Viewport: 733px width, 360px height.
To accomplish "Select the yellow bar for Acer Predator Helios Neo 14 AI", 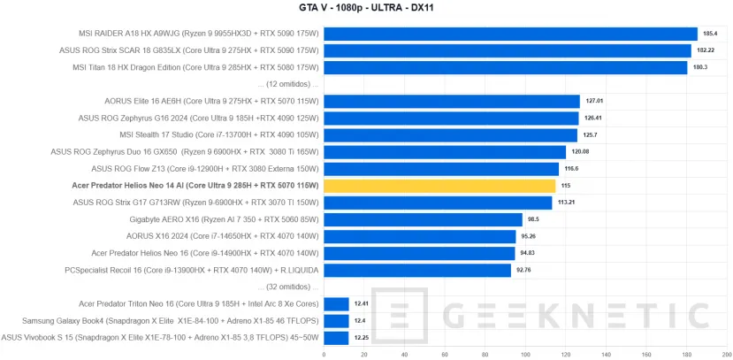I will pos(439,186).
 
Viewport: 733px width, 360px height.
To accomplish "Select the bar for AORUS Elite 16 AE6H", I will pos(452,101).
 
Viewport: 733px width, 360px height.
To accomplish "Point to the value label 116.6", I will pos(571,168).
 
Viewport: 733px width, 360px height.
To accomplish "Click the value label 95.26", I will pos(530,236).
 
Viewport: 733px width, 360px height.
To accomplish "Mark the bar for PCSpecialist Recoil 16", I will pos(417,270).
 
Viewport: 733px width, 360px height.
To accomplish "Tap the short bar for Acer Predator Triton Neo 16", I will pos(337,303).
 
